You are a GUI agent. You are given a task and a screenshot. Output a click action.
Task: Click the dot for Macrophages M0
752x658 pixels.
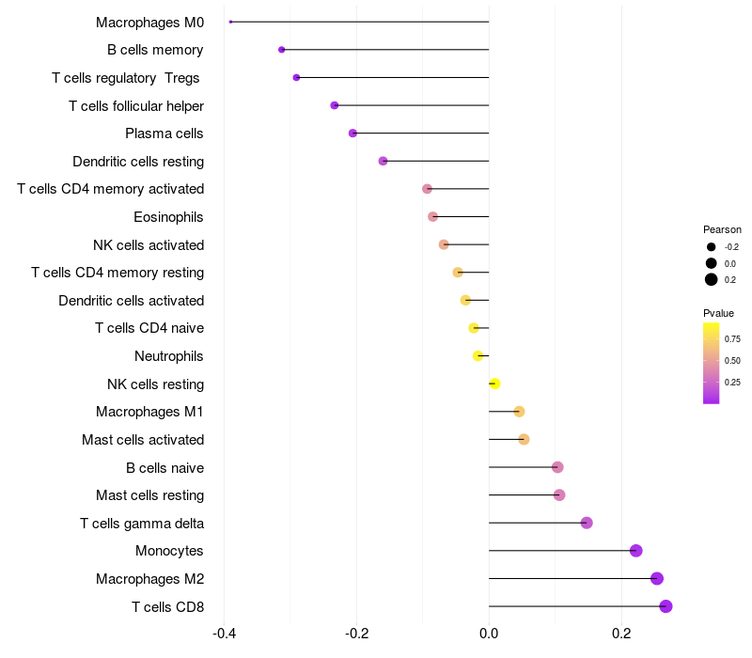pos(230,22)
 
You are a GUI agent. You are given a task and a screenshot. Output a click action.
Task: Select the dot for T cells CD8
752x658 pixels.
pos(666,606)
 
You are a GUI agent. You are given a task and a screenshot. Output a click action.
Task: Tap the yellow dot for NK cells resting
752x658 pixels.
pos(494,384)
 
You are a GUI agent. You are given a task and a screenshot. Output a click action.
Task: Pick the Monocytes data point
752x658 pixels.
pos(635,551)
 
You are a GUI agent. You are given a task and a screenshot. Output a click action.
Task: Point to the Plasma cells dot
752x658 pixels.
pos(352,133)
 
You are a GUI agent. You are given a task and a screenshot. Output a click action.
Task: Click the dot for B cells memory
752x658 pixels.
pos(281,50)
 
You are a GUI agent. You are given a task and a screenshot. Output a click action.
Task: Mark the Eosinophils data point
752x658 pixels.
pos(432,217)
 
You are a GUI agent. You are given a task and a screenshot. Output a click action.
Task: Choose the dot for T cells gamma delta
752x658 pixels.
pos(587,523)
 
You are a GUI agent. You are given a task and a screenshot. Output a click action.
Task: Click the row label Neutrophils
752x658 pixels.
pos(169,356)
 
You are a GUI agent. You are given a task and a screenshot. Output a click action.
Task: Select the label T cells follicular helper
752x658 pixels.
pos(136,105)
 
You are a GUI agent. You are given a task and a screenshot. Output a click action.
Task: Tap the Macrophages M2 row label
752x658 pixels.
pos(149,579)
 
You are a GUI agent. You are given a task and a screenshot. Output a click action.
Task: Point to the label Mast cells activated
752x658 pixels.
pos(143,440)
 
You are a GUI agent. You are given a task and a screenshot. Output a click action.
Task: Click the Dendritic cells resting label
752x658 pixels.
pos(138,162)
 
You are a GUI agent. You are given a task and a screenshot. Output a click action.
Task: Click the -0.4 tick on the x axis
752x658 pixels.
pos(224,634)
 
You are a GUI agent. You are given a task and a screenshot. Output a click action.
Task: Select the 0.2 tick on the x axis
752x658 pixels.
pos(620,634)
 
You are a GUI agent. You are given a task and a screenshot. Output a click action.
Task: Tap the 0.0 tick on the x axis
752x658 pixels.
pos(489,634)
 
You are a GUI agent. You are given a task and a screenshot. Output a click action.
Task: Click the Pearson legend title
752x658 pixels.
pos(722,229)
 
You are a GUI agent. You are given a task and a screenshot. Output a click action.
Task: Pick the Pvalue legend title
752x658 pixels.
pos(718,313)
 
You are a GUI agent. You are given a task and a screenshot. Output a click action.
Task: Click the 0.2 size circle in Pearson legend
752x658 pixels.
pos(712,279)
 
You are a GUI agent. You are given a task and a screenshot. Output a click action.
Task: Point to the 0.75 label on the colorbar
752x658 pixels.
pos(732,339)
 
